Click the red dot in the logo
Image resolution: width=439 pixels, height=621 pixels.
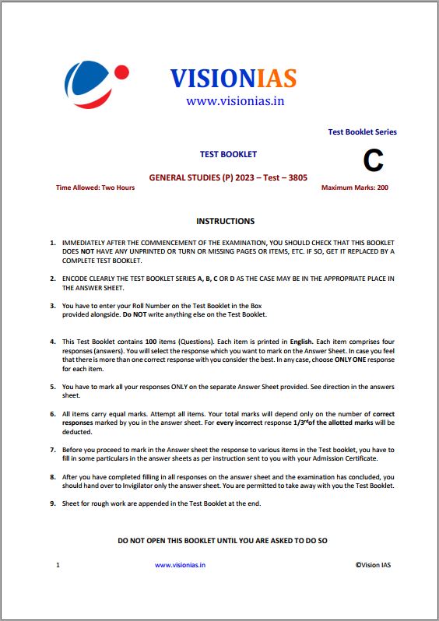point(121,72)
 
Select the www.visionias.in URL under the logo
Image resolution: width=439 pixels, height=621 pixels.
point(234,101)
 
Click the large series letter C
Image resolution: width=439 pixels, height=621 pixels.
point(373,161)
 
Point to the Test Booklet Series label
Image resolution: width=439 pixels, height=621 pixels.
point(362,132)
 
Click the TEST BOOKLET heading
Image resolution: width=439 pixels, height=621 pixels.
point(228,154)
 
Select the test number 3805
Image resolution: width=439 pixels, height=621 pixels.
point(293,177)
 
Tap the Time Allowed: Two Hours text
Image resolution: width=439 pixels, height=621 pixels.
point(95,188)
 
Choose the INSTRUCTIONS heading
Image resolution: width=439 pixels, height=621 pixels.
point(225,221)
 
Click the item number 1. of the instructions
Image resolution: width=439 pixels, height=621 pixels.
point(53,243)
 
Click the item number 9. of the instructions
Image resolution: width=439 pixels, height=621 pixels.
point(53,503)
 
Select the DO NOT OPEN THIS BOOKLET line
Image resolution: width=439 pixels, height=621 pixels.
point(222,539)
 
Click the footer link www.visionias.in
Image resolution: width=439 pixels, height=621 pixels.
point(180,565)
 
